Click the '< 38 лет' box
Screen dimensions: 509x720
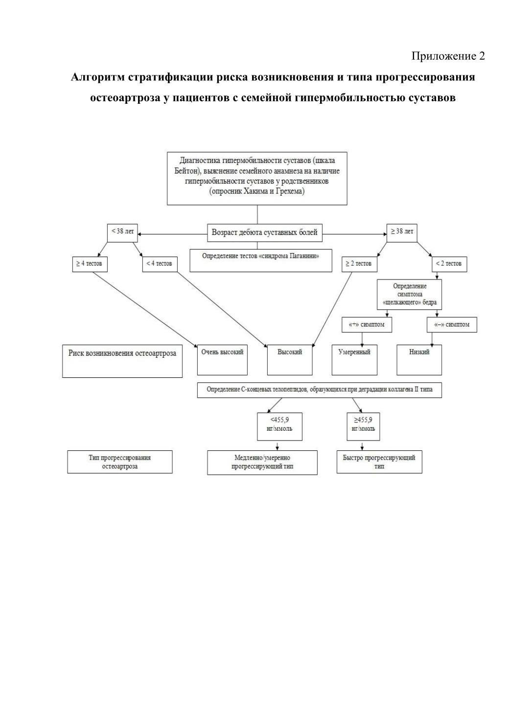[x=122, y=232]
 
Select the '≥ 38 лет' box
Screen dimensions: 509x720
[x=402, y=232]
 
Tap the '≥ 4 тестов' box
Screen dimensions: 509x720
[x=90, y=264]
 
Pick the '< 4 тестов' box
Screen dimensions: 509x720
[x=160, y=264]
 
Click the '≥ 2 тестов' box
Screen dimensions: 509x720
[x=359, y=264]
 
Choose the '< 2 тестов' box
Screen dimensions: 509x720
[x=449, y=264]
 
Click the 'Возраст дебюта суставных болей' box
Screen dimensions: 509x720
[x=264, y=232]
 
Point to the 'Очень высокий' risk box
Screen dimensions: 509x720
[x=222, y=360]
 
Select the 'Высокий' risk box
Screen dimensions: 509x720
[x=290, y=360]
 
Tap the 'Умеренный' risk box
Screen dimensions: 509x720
[x=354, y=360]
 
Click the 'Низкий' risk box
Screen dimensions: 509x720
[x=419, y=360]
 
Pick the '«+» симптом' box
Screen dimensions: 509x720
[x=367, y=325]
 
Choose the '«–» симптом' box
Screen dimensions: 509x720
[x=452, y=325]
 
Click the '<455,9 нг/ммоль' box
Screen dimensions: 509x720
[x=279, y=426]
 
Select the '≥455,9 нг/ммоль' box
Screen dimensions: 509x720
[x=363, y=426]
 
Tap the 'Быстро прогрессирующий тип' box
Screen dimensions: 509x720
[x=379, y=462]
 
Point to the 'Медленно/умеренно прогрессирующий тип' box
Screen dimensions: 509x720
[x=262, y=463]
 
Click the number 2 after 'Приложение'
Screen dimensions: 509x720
[x=482, y=56]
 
